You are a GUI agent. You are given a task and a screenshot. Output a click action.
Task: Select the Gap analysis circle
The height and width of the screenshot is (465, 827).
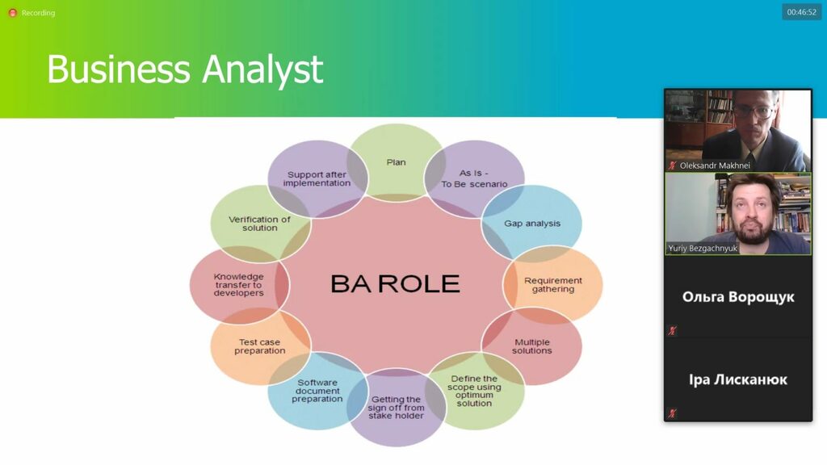click(531, 224)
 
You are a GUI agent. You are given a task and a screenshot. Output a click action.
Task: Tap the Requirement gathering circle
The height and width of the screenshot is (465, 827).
click(552, 285)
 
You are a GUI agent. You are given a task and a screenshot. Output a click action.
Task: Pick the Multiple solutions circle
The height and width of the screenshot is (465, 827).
click(531, 346)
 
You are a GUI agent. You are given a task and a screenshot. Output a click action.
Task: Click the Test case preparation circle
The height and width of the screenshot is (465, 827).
click(260, 346)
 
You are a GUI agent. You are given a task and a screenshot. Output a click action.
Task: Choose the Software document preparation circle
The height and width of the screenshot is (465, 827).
click(317, 391)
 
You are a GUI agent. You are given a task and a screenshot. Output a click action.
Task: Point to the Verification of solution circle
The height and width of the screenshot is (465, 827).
click(260, 224)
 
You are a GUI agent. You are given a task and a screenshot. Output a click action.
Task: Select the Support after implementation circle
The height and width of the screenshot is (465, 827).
click(317, 178)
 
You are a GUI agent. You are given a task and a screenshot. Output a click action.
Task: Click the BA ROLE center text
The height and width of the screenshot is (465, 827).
click(395, 283)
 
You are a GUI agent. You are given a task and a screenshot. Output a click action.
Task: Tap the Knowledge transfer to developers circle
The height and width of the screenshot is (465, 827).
click(239, 285)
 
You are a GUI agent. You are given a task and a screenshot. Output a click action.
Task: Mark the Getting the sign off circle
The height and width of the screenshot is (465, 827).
click(396, 408)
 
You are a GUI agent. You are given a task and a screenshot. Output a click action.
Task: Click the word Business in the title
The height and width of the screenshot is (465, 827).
click(119, 69)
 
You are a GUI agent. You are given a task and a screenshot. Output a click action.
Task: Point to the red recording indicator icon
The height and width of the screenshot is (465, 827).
click(13, 13)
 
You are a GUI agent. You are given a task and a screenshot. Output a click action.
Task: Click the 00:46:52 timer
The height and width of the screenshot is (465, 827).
click(802, 12)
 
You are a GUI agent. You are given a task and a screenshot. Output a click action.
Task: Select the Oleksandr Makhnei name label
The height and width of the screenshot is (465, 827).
click(715, 165)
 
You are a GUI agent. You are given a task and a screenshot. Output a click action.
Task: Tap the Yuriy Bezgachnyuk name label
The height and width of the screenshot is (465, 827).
click(703, 249)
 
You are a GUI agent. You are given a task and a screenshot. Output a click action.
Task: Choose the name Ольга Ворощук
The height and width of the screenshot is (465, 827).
click(738, 297)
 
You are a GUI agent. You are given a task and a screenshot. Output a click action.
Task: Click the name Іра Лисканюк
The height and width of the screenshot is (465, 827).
click(738, 379)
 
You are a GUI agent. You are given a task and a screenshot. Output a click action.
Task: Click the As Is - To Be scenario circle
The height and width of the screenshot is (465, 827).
click(475, 178)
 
